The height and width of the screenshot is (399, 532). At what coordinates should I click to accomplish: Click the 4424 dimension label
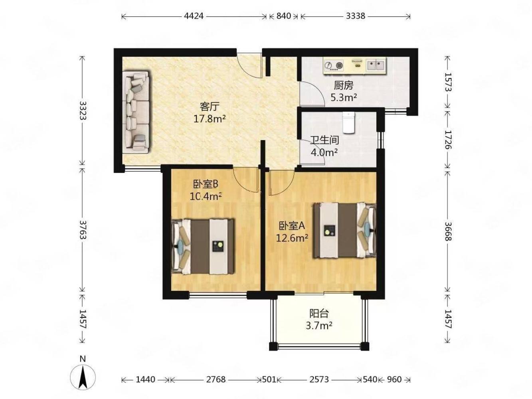point(194,16)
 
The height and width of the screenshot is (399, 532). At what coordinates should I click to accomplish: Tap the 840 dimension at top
point(284,16)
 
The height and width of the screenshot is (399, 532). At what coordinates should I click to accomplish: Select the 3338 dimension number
point(355,16)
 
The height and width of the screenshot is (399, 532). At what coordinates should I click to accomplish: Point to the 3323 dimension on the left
point(83,111)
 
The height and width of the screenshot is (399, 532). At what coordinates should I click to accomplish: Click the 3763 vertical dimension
point(83,230)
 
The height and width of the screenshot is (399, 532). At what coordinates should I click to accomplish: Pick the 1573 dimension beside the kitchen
point(448,82)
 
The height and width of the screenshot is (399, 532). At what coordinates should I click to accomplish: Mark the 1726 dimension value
point(448,140)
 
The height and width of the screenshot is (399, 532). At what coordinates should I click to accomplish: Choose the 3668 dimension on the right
point(448,231)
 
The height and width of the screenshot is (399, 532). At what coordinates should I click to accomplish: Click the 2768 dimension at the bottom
point(216,379)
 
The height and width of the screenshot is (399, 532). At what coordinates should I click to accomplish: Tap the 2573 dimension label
point(319,379)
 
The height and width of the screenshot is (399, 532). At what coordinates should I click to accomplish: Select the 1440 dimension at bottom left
point(145,379)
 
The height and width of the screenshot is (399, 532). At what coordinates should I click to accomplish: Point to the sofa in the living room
point(136,112)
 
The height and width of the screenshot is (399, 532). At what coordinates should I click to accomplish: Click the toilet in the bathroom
point(348,122)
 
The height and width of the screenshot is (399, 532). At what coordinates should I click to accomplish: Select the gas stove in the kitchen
point(334,65)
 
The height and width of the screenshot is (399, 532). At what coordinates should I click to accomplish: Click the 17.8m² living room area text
point(210,119)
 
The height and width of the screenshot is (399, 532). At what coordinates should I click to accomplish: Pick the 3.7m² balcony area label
point(319,326)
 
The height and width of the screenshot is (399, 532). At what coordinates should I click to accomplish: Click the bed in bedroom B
point(203,247)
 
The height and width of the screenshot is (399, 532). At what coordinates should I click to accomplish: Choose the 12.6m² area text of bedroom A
point(292,238)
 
